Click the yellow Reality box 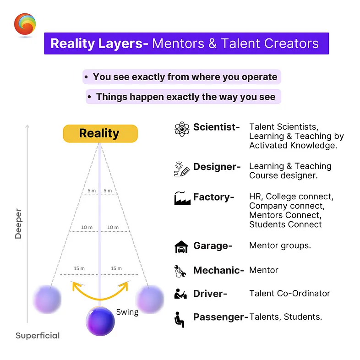[100, 133]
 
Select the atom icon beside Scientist [182, 129]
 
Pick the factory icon [182, 198]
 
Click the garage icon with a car [181, 247]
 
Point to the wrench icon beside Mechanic [180, 271]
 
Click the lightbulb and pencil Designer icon [182, 169]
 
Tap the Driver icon [180, 294]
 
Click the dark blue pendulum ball [100, 320]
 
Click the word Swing [127, 312]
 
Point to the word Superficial [38, 336]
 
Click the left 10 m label [87, 227]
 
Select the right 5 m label [108, 191]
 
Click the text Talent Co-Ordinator [289, 294]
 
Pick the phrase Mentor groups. [280, 245]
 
